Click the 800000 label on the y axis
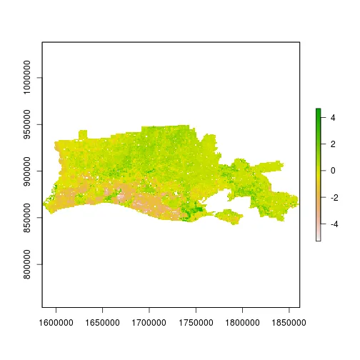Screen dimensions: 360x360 29,264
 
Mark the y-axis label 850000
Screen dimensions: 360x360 29,217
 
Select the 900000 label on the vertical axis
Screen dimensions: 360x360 29,171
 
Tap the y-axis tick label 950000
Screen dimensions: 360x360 29,124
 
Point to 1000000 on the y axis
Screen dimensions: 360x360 29,78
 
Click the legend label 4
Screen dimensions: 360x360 333,117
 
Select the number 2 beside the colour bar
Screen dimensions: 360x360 333,144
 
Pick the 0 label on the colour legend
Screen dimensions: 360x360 333,171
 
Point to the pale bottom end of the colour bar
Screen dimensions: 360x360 318,239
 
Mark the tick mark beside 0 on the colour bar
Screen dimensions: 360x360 323,171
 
